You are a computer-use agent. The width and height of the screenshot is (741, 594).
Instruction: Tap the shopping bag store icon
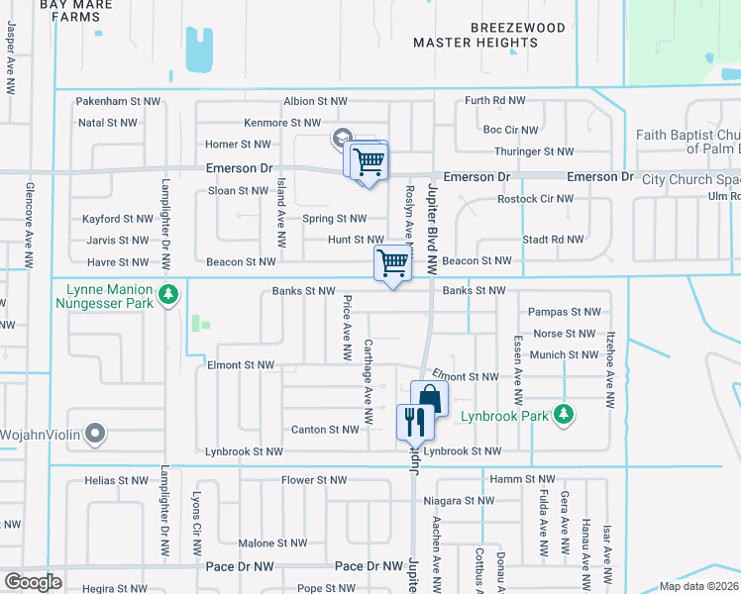pyautogui.click(x=430, y=398)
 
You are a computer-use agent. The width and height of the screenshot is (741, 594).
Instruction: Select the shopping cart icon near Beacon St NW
pyautogui.click(x=392, y=263)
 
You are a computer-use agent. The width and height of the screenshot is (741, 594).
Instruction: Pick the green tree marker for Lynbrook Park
pyautogui.click(x=564, y=412)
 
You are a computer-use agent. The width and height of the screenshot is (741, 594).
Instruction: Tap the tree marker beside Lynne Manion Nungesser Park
pyautogui.click(x=169, y=294)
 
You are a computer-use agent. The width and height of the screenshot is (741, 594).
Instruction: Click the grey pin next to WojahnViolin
pyautogui.click(x=95, y=432)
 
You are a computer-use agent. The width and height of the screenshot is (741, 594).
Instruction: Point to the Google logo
pyautogui.click(x=33, y=581)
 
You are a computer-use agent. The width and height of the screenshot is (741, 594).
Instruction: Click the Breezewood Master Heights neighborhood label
pyautogui.click(x=489, y=35)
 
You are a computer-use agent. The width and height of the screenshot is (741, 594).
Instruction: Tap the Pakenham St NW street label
pyautogui.click(x=119, y=101)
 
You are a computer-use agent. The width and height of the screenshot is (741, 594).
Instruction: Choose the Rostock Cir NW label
pyautogui.click(x=524, y=198)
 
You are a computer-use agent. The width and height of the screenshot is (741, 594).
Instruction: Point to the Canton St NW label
pyautogui.click(x=324, y=430)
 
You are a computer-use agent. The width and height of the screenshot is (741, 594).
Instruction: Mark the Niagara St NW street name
pyautogui.click(x=460, y=500)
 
